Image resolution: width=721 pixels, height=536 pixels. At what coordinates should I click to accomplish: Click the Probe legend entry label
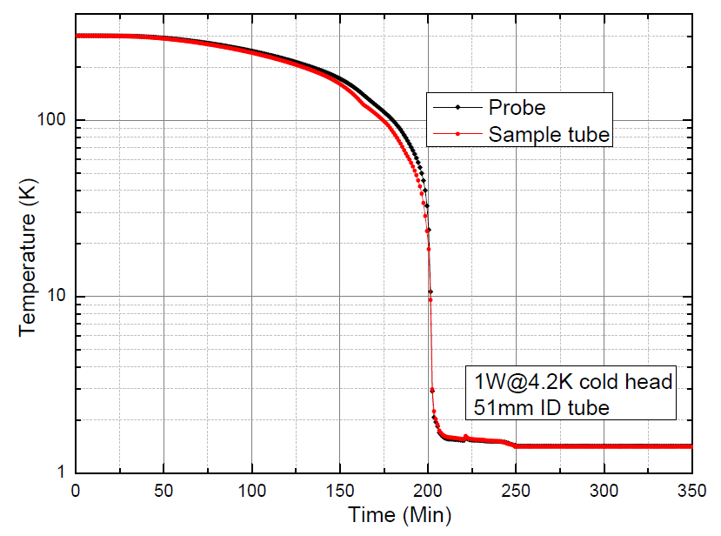[517, 108]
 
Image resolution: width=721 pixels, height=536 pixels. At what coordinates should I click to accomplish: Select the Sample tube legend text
[549, 135]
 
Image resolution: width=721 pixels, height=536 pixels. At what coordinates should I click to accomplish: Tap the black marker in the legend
[458, 108]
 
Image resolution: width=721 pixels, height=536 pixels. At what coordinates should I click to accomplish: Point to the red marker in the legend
[458, 135]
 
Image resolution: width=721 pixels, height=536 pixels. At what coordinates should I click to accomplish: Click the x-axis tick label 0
[77, 489]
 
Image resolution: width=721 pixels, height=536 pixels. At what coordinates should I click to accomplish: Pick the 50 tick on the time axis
[164, 489]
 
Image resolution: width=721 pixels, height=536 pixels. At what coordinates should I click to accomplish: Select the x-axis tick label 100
[252, 489]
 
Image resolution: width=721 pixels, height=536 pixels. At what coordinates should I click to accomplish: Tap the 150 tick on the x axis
[340, 489]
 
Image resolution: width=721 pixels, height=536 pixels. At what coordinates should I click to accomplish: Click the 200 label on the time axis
[428, 489]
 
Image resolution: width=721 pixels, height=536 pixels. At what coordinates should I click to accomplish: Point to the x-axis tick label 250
[516, 489]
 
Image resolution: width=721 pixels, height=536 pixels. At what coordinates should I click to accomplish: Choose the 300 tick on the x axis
[604, 489]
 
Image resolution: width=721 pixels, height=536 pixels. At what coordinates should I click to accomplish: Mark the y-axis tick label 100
[53, 120]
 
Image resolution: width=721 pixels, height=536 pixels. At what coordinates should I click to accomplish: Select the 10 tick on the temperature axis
[57, 297]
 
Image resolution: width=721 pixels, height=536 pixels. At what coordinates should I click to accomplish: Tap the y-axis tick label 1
[63, 472]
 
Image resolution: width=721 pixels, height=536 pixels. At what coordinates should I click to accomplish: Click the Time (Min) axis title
[399, 515]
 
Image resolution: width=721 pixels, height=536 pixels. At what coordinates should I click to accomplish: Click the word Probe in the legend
[517, 108]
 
